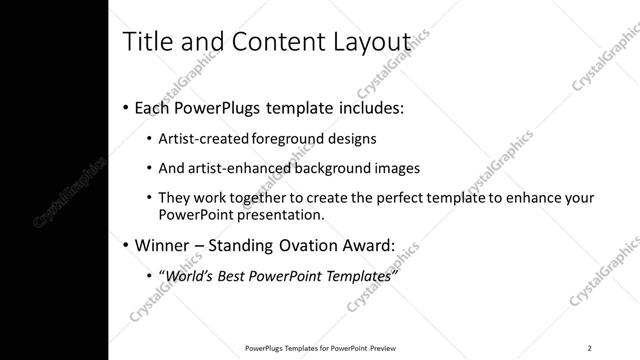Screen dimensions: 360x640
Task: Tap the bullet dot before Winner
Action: [x=125, y=245]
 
